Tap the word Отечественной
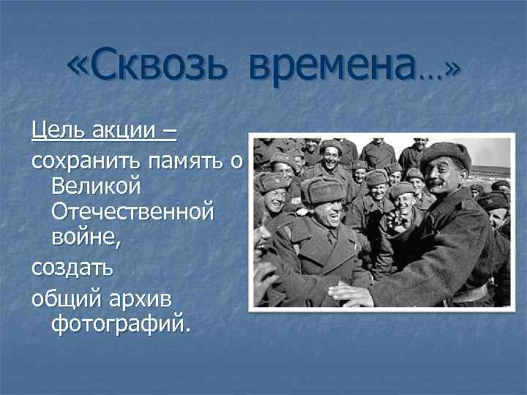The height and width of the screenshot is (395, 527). click(x=133, y=212)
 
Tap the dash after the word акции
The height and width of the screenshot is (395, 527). click(x=170, y=133)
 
